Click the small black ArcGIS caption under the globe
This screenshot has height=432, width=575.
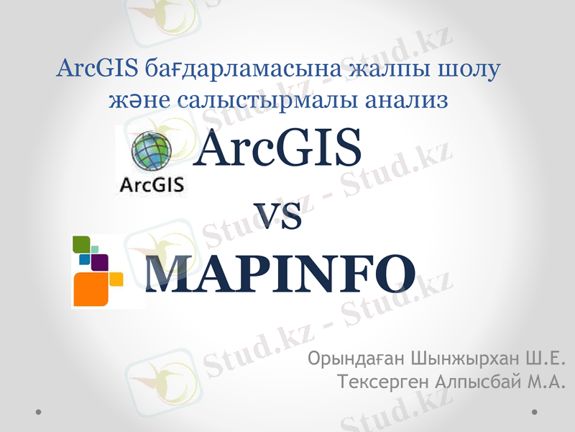pyautogui.click(x=151, y=185)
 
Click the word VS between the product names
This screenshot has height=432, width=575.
pyautogui.click(x=278, y=217)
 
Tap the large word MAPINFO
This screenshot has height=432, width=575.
pyautogui.click(x=280, y=274)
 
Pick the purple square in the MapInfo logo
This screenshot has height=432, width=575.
pyautogui.click(x=100, y=261)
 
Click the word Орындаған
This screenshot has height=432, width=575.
pyautogui.click(x=354, y=359)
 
